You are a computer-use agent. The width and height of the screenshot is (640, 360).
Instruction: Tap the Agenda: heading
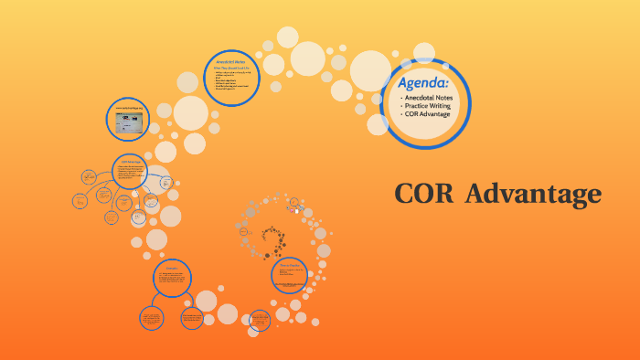422,83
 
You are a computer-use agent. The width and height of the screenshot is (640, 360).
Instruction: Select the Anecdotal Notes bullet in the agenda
437,97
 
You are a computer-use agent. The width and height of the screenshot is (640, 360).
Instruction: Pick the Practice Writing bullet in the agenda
437,106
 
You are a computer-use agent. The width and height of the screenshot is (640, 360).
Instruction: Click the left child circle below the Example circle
151,318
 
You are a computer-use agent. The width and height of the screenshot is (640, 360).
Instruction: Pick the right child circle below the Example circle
192,318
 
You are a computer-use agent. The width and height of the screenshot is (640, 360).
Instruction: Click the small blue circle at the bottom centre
259,319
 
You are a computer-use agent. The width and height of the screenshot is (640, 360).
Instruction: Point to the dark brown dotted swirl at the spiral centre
272,240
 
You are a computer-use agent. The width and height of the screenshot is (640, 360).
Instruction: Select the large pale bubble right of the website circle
190,113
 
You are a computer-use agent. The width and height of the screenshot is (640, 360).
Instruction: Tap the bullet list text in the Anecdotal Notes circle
231,81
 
